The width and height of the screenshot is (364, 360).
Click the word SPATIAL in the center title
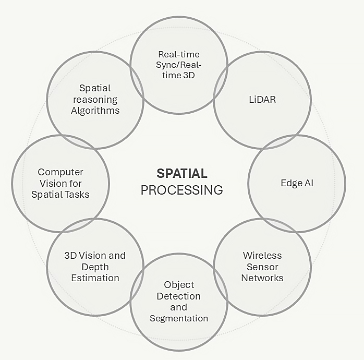182,173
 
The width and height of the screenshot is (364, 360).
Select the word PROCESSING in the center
182,189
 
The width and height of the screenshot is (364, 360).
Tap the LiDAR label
262,99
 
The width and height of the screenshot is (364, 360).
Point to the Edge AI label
296,184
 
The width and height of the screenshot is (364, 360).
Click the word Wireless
262,256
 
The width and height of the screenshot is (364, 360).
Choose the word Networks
262,278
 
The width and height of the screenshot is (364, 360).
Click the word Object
179,285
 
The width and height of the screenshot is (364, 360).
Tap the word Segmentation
179,318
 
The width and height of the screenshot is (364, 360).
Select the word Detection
179,296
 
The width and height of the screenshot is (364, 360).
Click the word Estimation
95,278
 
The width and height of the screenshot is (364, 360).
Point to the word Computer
60,172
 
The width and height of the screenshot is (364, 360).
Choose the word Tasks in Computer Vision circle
77,195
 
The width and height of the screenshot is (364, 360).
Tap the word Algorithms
95,110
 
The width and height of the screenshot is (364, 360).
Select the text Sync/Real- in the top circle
179,65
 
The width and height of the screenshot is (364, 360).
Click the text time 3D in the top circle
179,76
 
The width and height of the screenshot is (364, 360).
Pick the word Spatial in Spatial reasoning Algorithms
95,88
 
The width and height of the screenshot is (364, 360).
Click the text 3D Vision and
95,256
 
